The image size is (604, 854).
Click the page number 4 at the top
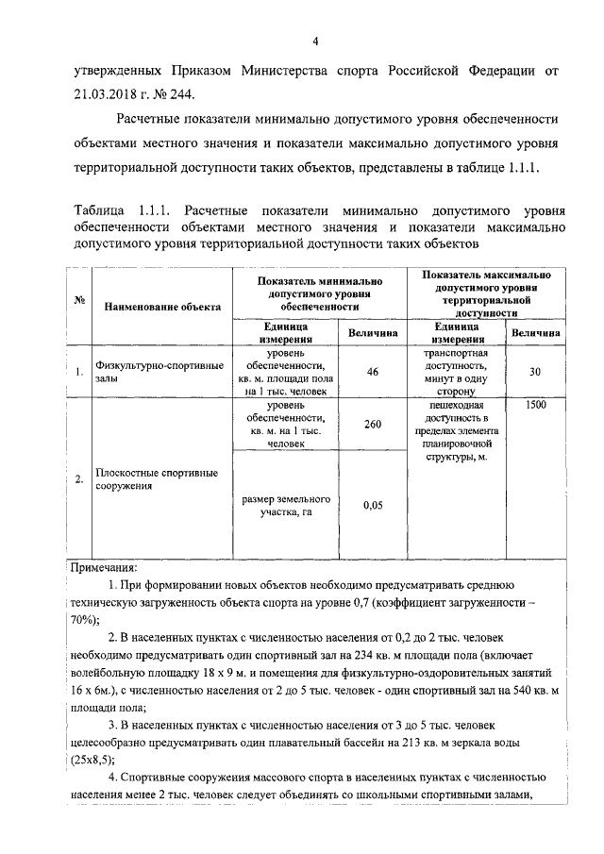[x=317, y=41]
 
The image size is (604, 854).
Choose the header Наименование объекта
[x=162, y=307]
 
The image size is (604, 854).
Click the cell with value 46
[x=372, y=372]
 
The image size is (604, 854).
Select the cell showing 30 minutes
[x=534, y=372]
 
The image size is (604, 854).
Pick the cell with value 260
[x=372, y=425]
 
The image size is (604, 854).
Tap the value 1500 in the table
[x=534, y=406]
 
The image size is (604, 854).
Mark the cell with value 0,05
[x=372, y=506]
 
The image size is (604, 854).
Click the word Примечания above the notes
[x=104, y=568]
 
